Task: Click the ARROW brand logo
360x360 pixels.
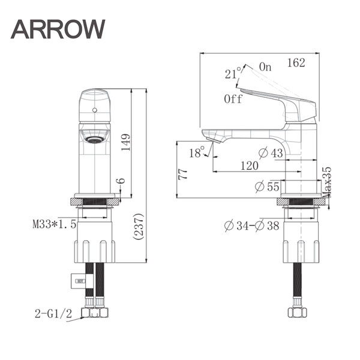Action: click(58, 29)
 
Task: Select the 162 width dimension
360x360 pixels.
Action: click(296, 62)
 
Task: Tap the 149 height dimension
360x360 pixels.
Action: click(125, 142)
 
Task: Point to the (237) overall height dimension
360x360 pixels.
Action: click(139, 227)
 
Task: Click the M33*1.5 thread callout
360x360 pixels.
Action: click(54, 224)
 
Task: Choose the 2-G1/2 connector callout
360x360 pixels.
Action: click(53, 313)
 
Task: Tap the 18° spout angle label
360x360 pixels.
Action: click(197, 152)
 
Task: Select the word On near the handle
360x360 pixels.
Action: click(265, 67)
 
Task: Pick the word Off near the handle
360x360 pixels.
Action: click(233, 99)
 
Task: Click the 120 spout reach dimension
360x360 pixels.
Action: click(250, 166)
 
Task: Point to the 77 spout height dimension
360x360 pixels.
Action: click(183, 174)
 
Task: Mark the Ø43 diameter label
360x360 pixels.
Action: click(271, 153)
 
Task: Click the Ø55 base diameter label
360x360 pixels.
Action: click(267, 186)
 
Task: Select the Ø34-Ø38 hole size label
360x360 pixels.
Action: click(251, 225)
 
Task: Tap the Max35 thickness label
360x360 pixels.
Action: click(327, 182)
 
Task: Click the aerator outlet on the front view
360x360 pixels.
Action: click(95, 140)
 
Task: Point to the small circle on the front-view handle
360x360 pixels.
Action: click(95, 110)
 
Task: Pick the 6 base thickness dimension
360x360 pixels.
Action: click(122, 181)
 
